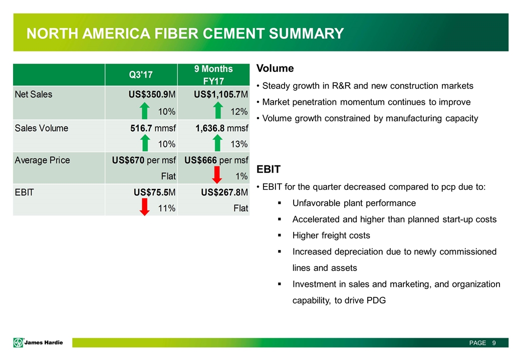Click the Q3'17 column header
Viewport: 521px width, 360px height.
click(x=141, y=74)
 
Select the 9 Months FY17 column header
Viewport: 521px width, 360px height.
click(x=213, y=74)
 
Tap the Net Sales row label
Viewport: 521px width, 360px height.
click(x=34, y=94)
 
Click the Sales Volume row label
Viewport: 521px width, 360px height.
click(x=42, y=128)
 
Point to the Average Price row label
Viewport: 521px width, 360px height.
click(x=42, y=160)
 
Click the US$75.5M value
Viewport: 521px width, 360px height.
click(x=154, y=192)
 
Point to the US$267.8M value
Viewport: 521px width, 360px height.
click(x=222, y=192)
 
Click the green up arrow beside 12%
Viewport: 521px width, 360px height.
click(x=217, y=110)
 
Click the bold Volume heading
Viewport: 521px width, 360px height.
click(x=275, y=68)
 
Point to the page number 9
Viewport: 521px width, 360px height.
click(x=494, y=343)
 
